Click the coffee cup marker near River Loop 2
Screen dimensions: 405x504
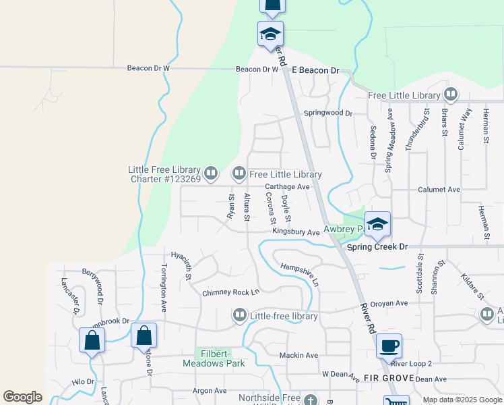click(389, 346)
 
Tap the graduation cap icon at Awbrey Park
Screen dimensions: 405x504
click(377, 224)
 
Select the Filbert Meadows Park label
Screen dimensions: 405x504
click(214, 358)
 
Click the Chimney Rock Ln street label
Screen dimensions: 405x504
click(230, 293)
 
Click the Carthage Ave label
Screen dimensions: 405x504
click(287, 186)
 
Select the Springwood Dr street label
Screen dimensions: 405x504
click(328, 113)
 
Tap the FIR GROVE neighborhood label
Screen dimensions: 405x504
click(369, 379)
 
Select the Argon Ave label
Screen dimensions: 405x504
click(210, 390)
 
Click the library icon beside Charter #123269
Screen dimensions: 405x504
click(210, 174)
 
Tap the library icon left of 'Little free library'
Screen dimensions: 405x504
click(239, 315)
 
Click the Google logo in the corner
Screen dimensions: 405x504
click(22, 397)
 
